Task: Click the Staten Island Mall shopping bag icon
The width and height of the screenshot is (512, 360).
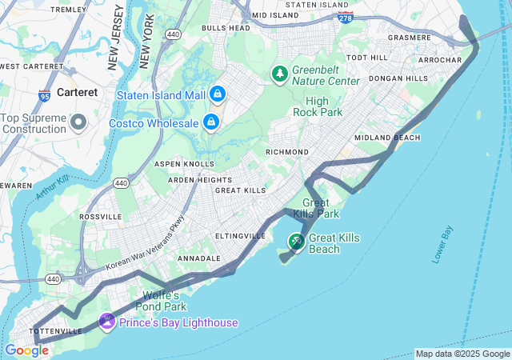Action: (x=217, y=94)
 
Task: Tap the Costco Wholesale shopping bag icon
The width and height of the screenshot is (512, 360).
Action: (x=211, y=122)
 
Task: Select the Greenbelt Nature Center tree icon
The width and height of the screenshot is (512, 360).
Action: (x=279, y=74)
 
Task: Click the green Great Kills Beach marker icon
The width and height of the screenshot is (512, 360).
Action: (x=296, y=241)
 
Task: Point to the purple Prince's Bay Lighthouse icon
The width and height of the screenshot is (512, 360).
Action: (x=106, y=322)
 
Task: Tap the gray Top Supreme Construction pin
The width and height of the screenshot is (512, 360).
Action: (x=78, y=122)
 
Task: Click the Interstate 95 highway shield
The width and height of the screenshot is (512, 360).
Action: (x=43, y=96)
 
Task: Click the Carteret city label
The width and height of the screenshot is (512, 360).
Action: (x=77, y=92)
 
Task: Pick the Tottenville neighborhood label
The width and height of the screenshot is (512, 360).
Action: (x=56, y=330)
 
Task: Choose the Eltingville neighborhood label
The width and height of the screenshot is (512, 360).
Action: (x=240, y=236)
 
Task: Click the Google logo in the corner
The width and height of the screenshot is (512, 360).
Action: (x=26, y=350)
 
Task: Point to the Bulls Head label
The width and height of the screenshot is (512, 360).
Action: (x=226, y=28)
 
